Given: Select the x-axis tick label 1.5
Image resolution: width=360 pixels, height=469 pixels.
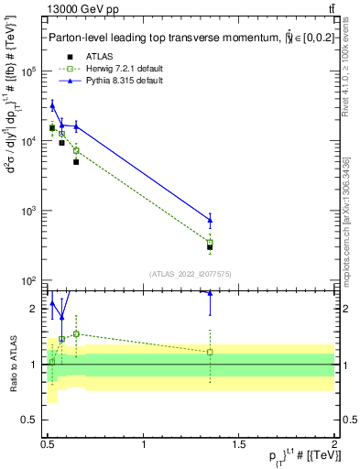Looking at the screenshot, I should [239, 445].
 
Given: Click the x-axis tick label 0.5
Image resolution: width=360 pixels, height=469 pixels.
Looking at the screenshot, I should [49, 445].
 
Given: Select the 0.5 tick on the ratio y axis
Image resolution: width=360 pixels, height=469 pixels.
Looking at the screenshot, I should [31, 420].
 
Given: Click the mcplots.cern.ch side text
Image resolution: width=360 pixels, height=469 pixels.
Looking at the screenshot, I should [349, 229].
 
